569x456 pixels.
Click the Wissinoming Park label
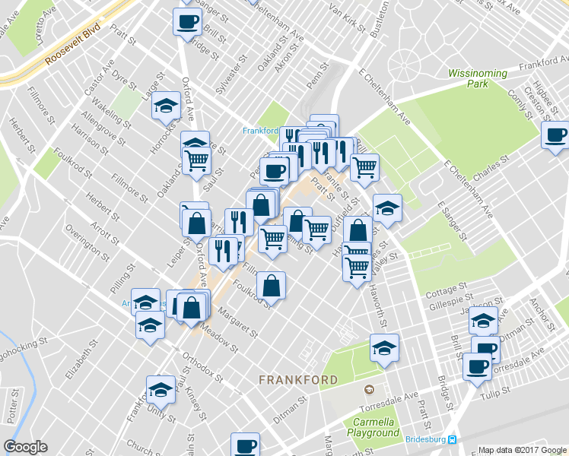477,78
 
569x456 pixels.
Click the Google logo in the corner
25,447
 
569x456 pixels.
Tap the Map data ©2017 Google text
522,450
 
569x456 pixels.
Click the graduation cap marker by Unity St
161,389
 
